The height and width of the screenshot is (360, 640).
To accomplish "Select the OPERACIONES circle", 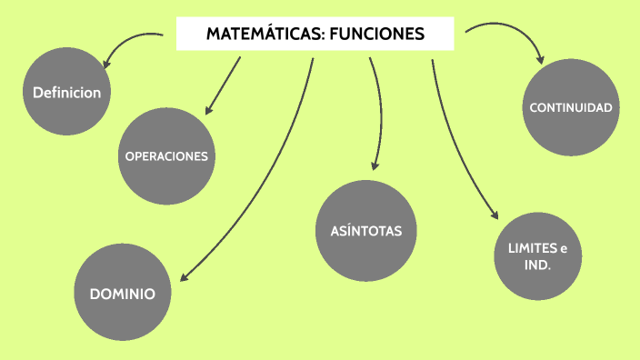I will (166, 155).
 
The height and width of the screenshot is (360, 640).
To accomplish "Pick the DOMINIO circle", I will (122, 293).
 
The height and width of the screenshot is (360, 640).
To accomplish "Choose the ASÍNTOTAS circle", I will (365, 229).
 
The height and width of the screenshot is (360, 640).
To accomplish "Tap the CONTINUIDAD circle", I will (571, 108).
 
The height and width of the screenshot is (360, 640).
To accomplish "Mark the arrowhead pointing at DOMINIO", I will (182, 277).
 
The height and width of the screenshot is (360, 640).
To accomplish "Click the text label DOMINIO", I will (122, 294).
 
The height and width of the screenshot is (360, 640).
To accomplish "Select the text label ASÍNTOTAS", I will (366, 230).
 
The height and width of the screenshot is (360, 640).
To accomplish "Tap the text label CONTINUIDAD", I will (571, 108).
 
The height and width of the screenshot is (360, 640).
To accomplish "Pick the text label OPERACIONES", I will (166, 156).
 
